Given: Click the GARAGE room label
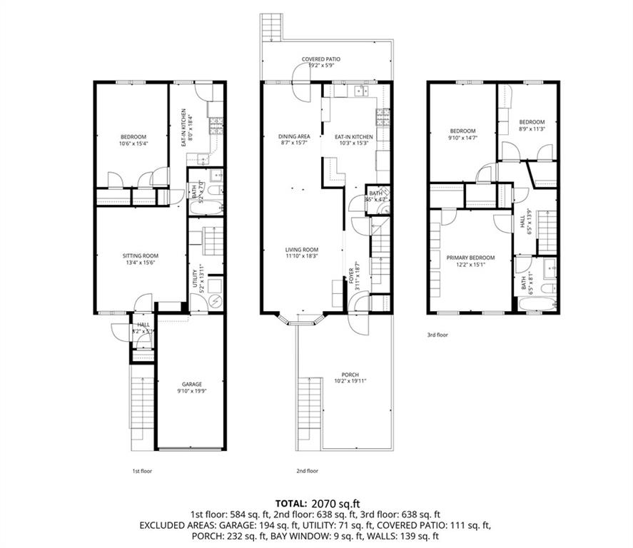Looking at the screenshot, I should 191,383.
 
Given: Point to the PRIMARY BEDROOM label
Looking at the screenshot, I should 470,258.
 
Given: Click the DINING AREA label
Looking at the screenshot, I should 293,136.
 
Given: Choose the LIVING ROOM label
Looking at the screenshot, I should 302,249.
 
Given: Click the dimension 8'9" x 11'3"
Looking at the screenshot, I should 532,129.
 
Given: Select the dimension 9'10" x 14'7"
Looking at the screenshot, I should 462,138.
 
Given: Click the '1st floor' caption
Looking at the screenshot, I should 142,471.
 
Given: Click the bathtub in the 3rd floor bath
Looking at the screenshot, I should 535,305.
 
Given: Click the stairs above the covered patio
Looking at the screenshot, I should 273,29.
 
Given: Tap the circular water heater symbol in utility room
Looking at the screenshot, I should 215,301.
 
